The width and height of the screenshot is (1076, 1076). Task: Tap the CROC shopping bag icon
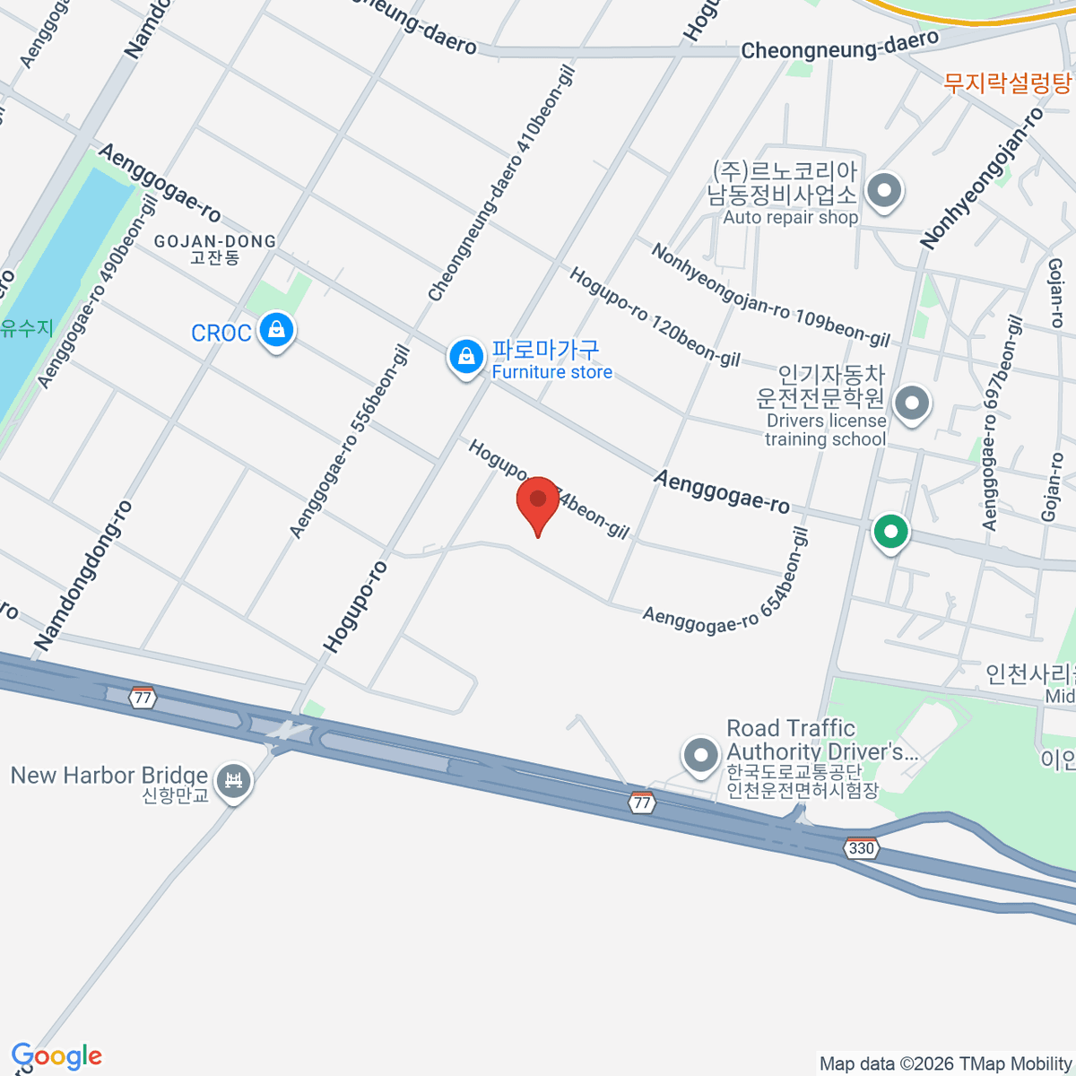point(277,330)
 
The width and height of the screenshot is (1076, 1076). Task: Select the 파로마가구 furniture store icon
point(466,357)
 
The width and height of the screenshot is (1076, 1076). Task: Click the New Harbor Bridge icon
point(234,780)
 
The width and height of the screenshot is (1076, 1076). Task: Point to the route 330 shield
point(861,848)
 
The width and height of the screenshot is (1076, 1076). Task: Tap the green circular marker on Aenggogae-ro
point(890,532)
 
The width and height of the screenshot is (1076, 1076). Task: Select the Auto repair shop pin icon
point(886,190)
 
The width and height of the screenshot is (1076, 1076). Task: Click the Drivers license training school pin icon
point(912,402)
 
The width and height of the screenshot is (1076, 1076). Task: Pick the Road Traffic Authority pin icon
point(700,755)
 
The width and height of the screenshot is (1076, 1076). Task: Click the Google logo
point(56,1056)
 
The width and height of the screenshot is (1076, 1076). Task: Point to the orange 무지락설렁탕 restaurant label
point(1008,83)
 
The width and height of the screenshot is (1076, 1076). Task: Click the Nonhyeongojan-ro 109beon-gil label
point(770,295)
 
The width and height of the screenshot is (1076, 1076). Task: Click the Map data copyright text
point(946,1064)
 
